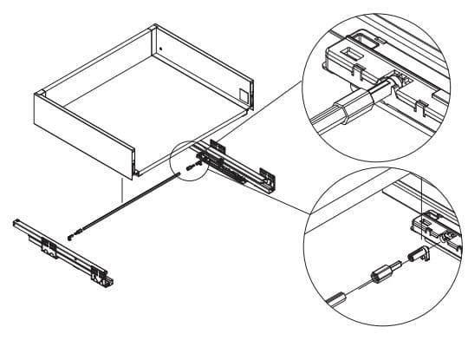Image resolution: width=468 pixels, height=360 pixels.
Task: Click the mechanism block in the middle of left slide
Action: click(x=49, y=246)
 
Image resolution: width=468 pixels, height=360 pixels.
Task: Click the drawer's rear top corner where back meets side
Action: click(x=155, y=28)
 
